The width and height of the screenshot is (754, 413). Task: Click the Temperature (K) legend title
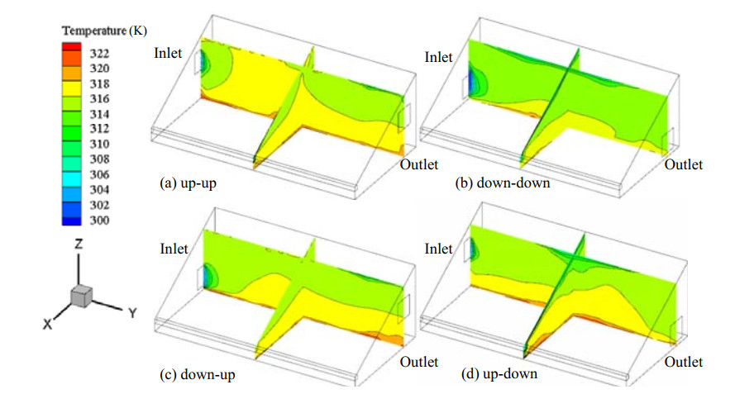(x=103, y=31)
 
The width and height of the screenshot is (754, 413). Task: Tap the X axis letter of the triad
(x=48, y=325)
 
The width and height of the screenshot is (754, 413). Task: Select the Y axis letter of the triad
(x=131, y=312)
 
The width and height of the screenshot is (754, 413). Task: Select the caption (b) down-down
(x=502, y=183)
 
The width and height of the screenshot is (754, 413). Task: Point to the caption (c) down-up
(x=198, y=375)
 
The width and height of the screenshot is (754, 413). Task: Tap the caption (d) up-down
(x=499, y=374)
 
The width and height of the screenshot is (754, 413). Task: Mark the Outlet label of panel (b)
(x=683, y=165)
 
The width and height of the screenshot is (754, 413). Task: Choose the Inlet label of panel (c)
(x=174, y=248)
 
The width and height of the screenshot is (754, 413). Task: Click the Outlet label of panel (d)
(x=683, y=362)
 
